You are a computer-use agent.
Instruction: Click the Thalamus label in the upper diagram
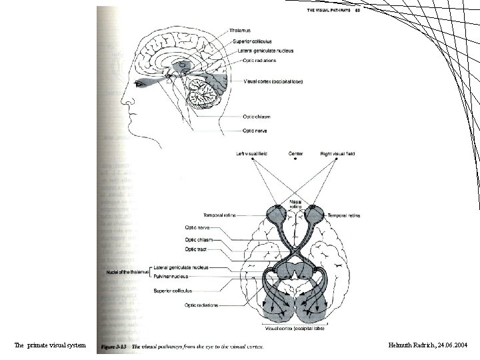(x=240, y=29)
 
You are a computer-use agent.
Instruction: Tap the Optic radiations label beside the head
(x=250, y=61)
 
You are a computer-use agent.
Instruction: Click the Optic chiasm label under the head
(x=257, y=117)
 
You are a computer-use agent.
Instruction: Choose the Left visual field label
(x=252, y=154)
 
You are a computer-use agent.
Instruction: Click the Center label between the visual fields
(x=295, y=154)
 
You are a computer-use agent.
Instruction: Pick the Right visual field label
(x=337, y=154)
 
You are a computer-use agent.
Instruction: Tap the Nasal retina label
(x=295, y=204)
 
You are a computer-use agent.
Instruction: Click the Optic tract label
(x=196, y=249)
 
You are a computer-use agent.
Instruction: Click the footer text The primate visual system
(x=50, y=345)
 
